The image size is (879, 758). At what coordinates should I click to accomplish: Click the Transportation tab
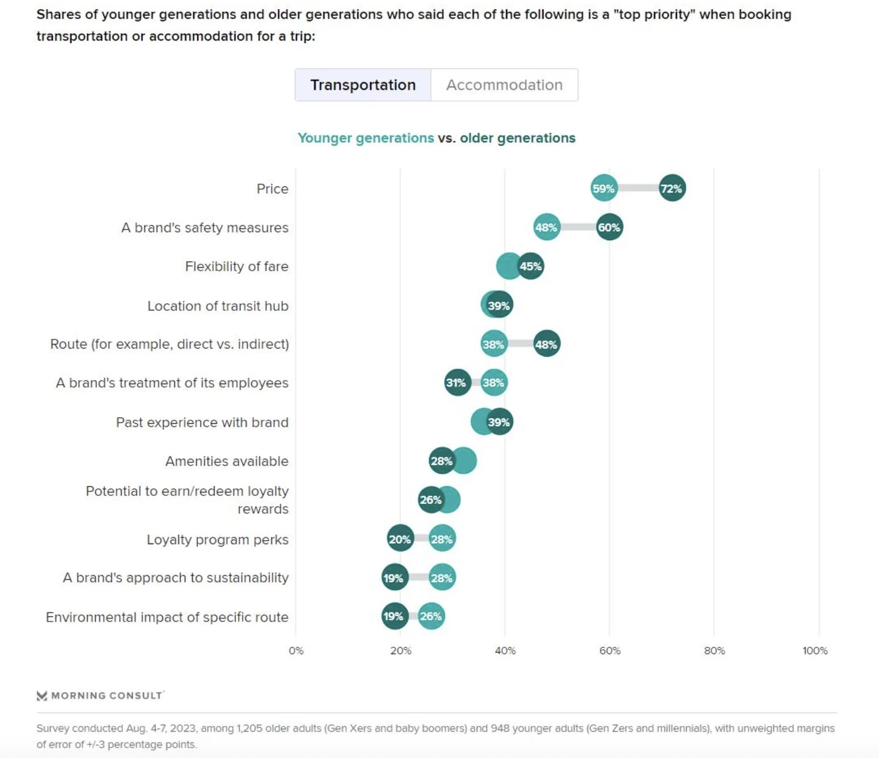tap(363, 85)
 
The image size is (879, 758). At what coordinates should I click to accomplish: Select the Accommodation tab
tap(504, 85)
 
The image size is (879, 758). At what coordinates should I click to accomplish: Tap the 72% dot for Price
tap(672, 188)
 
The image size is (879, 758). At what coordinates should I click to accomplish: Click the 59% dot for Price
tap(604, 188)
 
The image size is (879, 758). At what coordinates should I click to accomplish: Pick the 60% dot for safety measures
tap(609, 227)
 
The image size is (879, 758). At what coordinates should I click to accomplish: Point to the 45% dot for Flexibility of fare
tap(531, 266)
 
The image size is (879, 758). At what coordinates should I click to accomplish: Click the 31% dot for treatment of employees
tap(457, 382)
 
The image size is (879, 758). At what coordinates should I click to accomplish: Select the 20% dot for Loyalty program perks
tap(400, 539)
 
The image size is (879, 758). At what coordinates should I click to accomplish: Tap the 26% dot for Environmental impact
tap(431, 616)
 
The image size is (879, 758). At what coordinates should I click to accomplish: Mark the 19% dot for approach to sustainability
tap(394, 578)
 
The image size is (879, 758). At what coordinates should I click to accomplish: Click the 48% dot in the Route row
tap(546, 344)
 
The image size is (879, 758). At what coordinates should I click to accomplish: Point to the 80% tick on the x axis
tap(714, 651)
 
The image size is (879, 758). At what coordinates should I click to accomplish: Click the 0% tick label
tap(296, 651)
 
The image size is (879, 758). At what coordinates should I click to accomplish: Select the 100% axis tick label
tap(815, 651)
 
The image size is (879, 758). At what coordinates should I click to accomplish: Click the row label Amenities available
tap(227, 461)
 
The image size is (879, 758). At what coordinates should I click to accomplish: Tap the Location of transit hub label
tap(217, 306)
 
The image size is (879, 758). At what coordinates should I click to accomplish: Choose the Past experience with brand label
tap(202, 423)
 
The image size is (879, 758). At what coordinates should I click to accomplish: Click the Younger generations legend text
tap(365, 138)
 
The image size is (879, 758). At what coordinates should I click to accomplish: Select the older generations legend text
tap(518, 138)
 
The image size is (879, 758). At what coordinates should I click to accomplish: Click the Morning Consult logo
tap(100, 696)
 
